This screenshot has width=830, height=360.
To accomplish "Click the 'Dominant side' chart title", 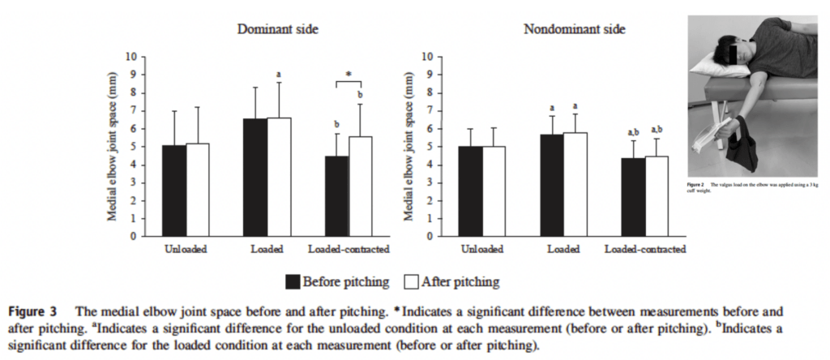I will (276, 29).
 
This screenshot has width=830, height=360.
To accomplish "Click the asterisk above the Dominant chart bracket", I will (348, 75).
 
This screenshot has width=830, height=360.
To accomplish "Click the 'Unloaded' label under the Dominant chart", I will (186, 249).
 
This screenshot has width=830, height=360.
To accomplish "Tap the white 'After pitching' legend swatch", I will (410, 281).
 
